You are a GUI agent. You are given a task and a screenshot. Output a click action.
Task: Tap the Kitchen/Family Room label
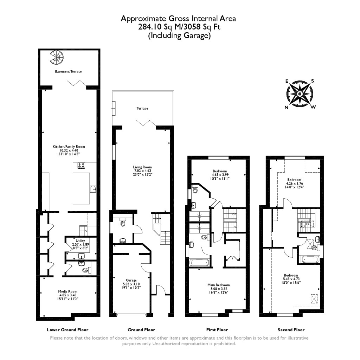pyautogui.click(x=69, y=147)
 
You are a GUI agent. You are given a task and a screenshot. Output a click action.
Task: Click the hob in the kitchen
pyautogui.click(x=82, y=166)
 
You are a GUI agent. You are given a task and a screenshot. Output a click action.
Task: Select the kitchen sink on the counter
pyautogui.click(x=93, y=189)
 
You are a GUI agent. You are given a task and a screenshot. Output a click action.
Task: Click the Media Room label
pyautogui.click(x=67, y=291)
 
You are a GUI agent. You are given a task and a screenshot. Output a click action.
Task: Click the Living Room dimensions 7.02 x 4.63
pyautogui.click(x=142, y=171)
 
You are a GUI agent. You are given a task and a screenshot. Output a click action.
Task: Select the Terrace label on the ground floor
pyautogui.click(x=142, y=109)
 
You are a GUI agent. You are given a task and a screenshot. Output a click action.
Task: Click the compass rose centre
pyautogui.click(x=300, y=94)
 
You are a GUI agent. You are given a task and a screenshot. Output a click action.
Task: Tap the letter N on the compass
pyautogui.click(x=287, y=108)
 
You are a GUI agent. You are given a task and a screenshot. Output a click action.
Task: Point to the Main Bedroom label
pyautogui.click(x=218, y=285)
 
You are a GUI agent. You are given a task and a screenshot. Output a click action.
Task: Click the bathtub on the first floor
pyautogui.click(x=199, y=262)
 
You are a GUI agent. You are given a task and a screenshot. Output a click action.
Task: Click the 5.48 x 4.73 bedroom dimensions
pyautogui.click(x=291, y=279)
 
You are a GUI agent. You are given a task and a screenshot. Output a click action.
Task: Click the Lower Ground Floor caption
pyautogui.click(x=67, y=330)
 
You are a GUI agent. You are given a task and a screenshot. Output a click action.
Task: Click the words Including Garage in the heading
pyautogui.click(x=180, y=35)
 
